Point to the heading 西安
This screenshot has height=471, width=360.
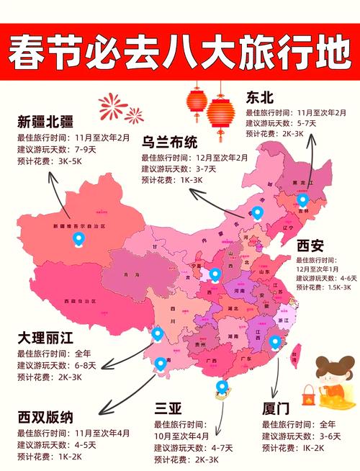[x=310, y=246]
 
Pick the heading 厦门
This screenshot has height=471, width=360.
[x=277, y=410]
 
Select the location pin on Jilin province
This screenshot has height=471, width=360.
[x=303, y=199]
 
